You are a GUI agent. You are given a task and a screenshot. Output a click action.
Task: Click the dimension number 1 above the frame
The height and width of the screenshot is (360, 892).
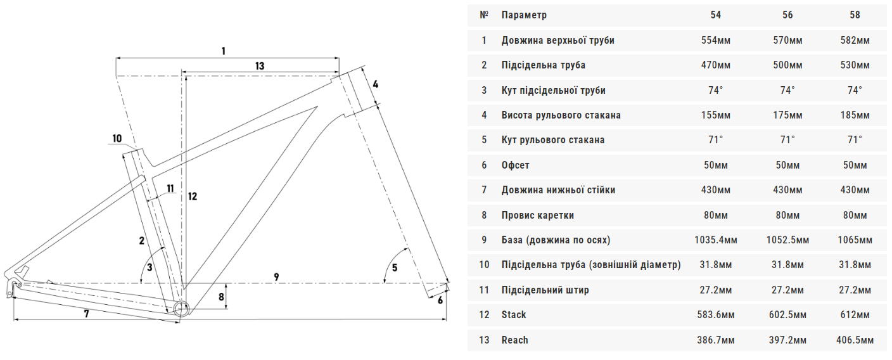(x=223, y=51)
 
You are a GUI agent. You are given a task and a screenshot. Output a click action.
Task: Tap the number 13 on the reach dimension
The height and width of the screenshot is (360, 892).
(x=260, y=66)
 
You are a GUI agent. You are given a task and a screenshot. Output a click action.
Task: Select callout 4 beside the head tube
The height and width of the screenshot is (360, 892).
(x=375, y=84)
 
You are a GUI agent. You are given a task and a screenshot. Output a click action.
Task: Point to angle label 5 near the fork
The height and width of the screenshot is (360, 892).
(x=395, y=267)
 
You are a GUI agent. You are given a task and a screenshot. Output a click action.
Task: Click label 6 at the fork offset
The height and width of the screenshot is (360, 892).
(x=440, y=300)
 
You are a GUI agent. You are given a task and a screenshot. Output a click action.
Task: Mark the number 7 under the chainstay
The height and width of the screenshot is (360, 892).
(x=86, y=313)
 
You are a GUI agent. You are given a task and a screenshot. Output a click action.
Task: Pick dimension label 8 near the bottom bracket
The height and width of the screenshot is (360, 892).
(x=221, y=297)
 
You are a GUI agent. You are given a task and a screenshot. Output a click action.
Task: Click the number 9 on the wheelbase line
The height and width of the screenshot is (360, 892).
(x=276, y=276)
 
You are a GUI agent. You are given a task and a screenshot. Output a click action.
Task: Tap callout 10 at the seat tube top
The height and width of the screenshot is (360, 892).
(x=117, y=139)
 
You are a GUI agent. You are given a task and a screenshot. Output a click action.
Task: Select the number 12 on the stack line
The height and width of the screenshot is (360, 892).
(x=193, y=196)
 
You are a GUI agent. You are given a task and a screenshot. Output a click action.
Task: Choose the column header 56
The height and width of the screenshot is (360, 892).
(x=787, y=15)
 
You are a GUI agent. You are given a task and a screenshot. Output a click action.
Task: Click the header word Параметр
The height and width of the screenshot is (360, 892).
(x=524, y=15)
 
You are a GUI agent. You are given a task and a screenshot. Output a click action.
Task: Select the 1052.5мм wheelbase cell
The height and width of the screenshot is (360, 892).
(x=787, y=240)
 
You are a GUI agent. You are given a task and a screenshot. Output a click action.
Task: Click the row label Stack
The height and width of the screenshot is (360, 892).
(x=514, y=315)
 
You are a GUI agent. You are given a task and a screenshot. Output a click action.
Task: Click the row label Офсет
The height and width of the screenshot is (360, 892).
(x=515, y=165)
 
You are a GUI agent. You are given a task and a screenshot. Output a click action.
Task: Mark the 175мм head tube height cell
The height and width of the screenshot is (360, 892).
(x=787, y=115)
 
